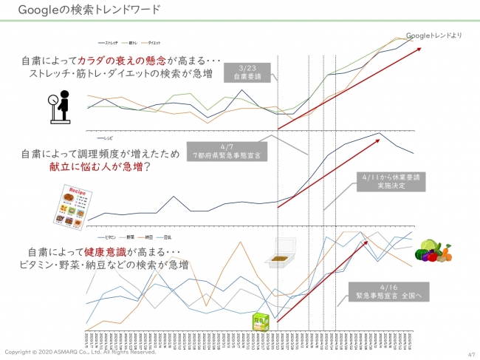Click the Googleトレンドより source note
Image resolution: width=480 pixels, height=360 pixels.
coord(433,35)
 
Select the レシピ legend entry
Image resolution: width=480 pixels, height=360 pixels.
coord(106,137)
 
